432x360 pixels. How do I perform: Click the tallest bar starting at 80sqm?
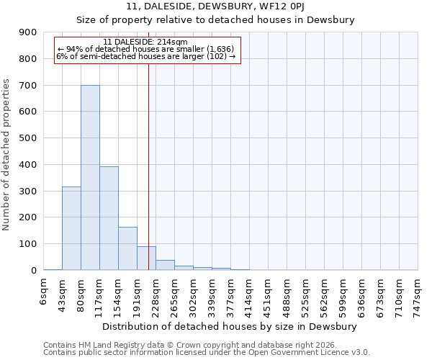(90, 177)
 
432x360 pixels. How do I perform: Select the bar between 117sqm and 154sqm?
(109, 218)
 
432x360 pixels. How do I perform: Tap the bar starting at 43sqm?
(71, 228)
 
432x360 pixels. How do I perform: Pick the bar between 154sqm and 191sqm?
(127, 248)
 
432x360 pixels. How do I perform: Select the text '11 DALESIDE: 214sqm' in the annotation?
(145, 42)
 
